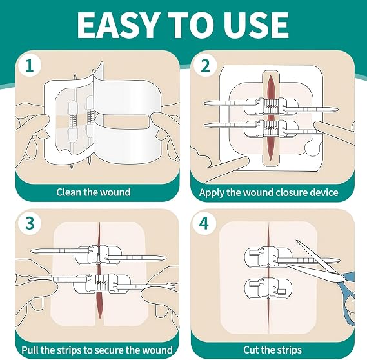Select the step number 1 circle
(x=29, y=65)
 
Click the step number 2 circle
(x=205, y=65)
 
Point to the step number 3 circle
(x=30, y=223)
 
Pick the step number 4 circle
(x=204, y=223)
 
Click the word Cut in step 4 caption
(x=252, y=350)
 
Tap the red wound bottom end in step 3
(x=100, y=318)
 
